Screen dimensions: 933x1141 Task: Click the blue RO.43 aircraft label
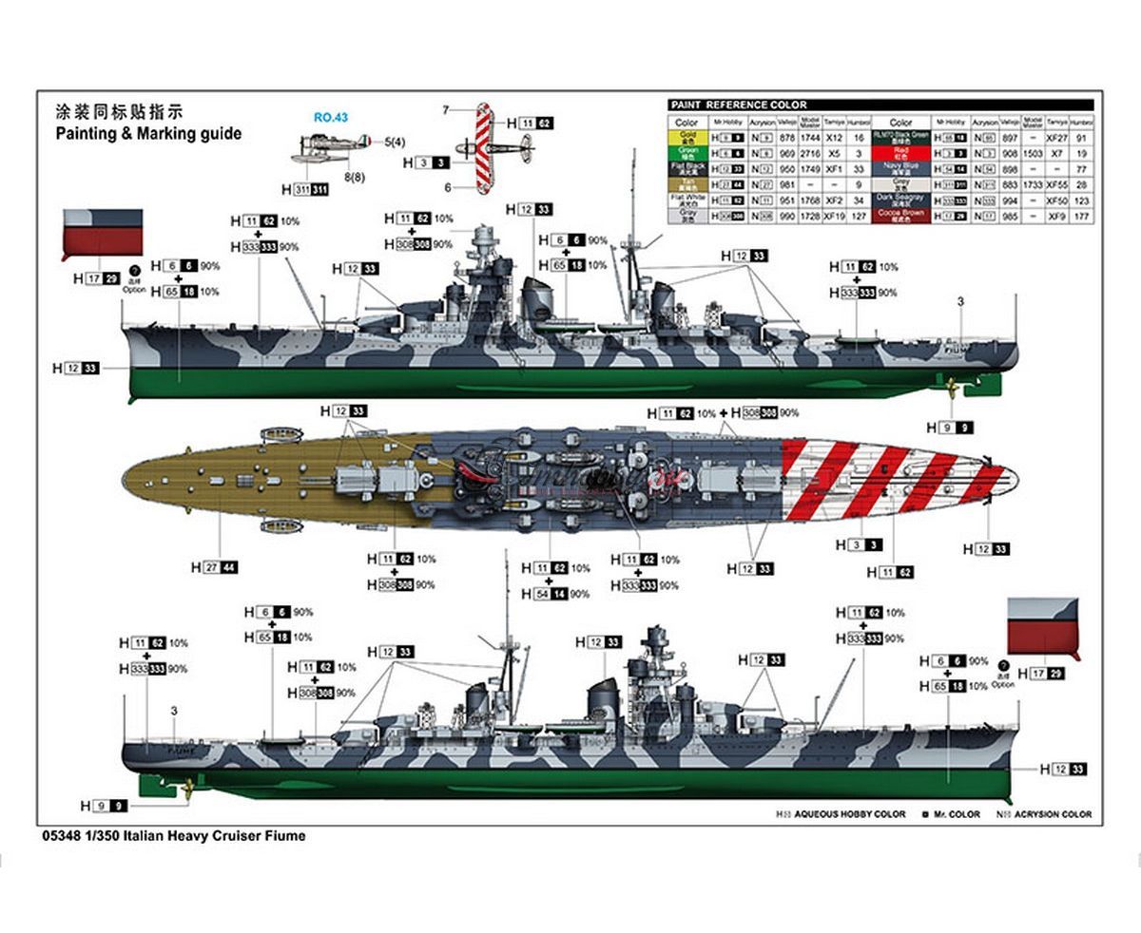pyautogui.click(x=330, y=118)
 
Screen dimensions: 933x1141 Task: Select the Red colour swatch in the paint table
pyautogui.click(x=901, y=152)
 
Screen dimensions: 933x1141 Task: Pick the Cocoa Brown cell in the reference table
pyautogui.click(x=901, y=216)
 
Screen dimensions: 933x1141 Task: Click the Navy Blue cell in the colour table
pyautogui.click(x=901, y=168)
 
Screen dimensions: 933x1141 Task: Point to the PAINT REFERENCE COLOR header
pyautogui.click(x=739, y=105)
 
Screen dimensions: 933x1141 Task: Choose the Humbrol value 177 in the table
pyautogui.click(x=1081, y=217)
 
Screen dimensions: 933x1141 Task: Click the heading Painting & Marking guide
pyautogui.click(x=148, y=134)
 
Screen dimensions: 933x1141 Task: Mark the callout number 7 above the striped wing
pyautogui.click(x=446, y=110)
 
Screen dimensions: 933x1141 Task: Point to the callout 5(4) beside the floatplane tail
pyautogui.click(x=394, y=143)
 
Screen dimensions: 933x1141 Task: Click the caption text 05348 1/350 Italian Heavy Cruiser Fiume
pyautogui.click(x=174, y=836)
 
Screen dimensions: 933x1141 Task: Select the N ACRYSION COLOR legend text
pyautogui.click(x=1043, y=814)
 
